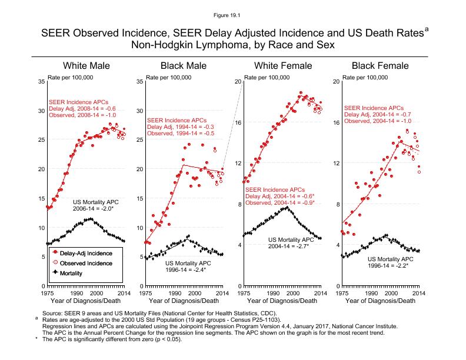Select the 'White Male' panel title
(86, 65)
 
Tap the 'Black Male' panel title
(184, 65)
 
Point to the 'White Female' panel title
(282, 65)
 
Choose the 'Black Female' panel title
(380, 65)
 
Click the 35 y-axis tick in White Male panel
(41, 81)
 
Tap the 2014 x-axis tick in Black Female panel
(418, 292)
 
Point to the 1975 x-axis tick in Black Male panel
(145, 292)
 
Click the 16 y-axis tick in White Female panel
(238, 122)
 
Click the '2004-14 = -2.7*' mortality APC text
(289, 246)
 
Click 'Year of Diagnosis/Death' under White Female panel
(281, 301)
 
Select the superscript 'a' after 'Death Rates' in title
(427, 27)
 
